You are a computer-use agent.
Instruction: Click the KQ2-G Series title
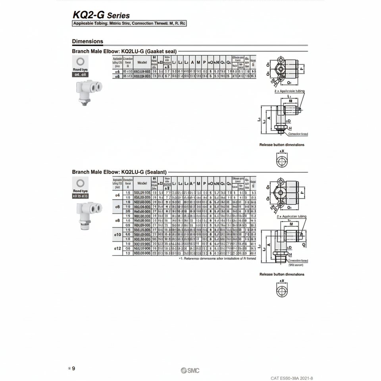pos(101,15)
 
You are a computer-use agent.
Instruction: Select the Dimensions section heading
pos(87,41)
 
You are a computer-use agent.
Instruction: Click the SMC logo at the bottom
pos(190,371)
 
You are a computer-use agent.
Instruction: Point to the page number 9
pos(73,368)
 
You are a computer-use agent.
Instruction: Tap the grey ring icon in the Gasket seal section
pos(80,61)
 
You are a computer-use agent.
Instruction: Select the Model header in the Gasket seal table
pos(142,62)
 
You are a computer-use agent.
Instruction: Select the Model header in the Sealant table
pos(142,184)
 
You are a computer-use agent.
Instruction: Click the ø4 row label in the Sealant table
pos(117,195)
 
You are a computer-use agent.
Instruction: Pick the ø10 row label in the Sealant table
pos(117,235)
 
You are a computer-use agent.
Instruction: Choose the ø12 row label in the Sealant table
pos(117,248)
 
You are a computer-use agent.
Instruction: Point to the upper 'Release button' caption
pos(282,145)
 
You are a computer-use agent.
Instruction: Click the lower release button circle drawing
pos(282,292)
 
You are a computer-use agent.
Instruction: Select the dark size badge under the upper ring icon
pos(80,75)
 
